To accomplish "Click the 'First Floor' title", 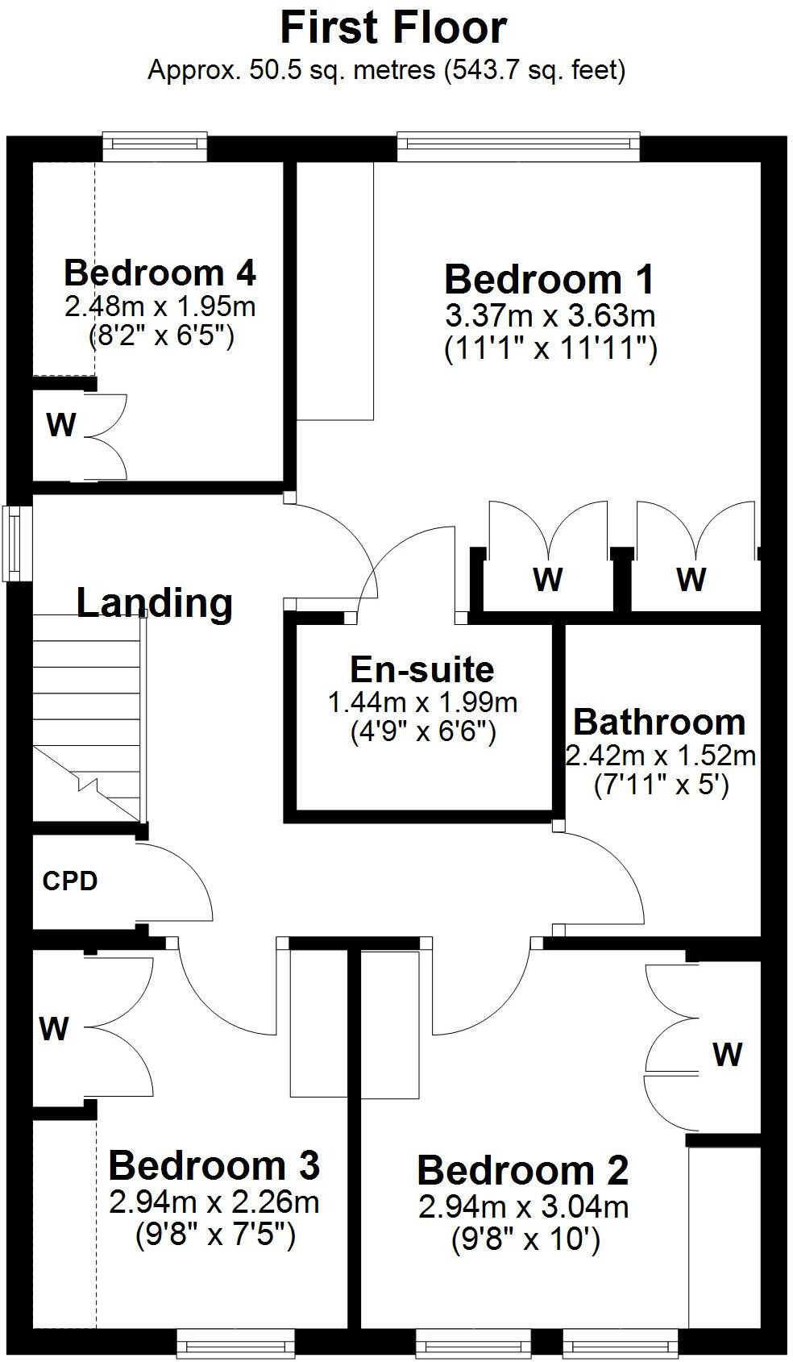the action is [393, 28].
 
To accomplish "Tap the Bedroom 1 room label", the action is [550, 280].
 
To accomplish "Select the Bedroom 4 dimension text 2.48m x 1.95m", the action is [160, 307].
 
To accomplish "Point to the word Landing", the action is [155, 602].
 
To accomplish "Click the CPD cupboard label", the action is [70, 881].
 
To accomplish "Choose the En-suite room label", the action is [422, 669].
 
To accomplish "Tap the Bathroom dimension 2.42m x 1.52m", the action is [661, 756].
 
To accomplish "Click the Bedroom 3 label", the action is [214, 1165].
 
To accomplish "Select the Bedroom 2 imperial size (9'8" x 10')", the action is [525, 1239].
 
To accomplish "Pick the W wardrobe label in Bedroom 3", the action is [54, 1028].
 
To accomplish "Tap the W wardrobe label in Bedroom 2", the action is [727, 1054].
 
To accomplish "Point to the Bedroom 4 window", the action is [155, 144].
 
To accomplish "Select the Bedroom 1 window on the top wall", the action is [518, 144].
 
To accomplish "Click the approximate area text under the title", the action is [387, 71].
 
